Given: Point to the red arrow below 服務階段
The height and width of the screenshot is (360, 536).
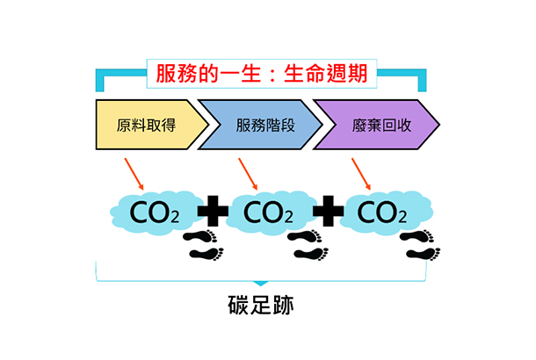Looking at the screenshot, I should pyautogui.click(x=249, y=174).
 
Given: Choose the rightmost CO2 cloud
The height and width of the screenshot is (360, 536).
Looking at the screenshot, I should pyautogui.click(x=380, y=212).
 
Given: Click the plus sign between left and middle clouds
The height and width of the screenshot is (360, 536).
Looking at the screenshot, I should pyautogui.click(x=212, y=212).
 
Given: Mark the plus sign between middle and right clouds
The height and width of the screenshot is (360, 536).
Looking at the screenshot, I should pyautogui.click(x=325, y=212).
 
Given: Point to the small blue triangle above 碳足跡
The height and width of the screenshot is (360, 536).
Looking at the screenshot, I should pyautogui.click(x=261, y=284).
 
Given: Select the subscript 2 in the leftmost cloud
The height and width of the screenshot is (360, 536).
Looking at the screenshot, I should pyautogui.click(x=175, y=217).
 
